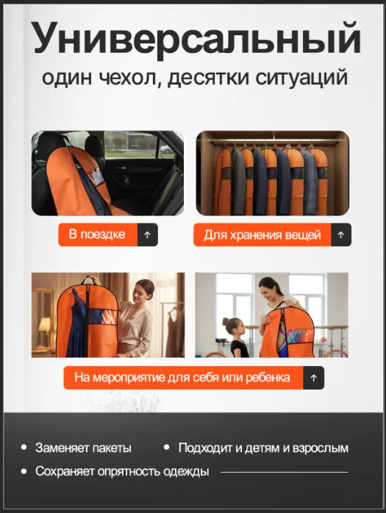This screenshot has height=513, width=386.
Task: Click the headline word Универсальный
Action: pyautogui.click(x=197, y=39)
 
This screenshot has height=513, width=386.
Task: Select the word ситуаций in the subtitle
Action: pyautogui.click(x=301, y=78)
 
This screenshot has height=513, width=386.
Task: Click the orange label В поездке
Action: pyautogui.click(x=97, y=234)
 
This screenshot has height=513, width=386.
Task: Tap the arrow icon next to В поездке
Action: pyautogui.click(x=148, y=234)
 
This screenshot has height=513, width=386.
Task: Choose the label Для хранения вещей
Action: pyautogui.click(x=262, y=235)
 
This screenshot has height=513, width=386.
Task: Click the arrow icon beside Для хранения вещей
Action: pyautogui.click(x=341, y=235)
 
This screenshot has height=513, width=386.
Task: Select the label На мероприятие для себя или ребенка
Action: pyautogui.click(x=182, y=378)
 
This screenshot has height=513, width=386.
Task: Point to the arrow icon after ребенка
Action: pyautogui.click(x=314, y=378)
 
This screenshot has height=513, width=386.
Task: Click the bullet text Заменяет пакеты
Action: pyautogui.click(x=83, y=448)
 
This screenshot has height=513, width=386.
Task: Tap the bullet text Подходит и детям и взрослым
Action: pyautogui.click(x=263, y=448)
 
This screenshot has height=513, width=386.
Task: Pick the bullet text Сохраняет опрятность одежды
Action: pyautogui.click(x=122, y=471)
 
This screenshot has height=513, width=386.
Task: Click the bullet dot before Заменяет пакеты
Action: pyautogui.click(x=24, y=448)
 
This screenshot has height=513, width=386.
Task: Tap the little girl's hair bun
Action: pyautogui.click(x=226, y=321)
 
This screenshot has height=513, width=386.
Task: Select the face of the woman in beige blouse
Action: pyautogui.click(x=140, y=295)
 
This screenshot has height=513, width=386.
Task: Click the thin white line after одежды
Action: pyautogui.click(x=285, y=472)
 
